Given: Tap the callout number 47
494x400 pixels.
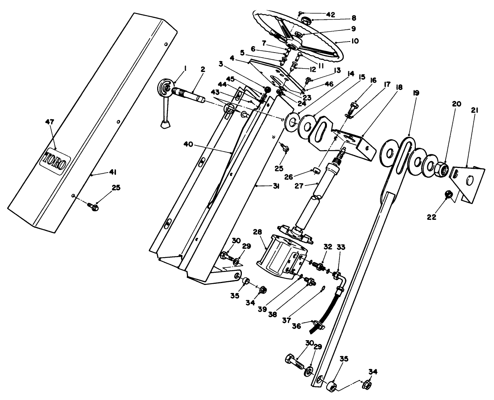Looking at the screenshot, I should tap(50, 122).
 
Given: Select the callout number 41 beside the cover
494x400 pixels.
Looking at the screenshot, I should tap(112, 172).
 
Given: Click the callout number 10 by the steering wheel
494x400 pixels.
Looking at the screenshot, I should tap(354, 40).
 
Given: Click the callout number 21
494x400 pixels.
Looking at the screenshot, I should tap(475, 110).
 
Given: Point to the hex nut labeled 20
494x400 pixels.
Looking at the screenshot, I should tap(441, 169).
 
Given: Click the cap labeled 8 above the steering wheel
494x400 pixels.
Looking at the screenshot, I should tap(306, 20).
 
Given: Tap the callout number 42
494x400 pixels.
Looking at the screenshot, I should tap(330, 14).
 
